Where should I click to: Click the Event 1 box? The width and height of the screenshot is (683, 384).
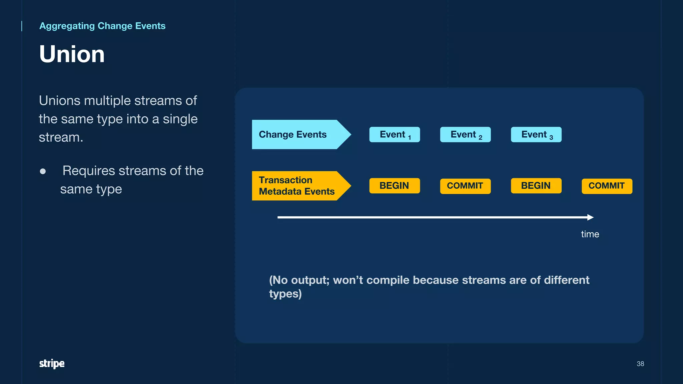pos(395,135)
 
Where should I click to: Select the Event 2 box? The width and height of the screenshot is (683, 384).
pos(465,135)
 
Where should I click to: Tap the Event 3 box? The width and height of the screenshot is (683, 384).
pos(536,135)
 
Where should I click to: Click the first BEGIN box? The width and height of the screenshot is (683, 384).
pos(395,186)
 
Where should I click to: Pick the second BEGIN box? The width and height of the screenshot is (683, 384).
pos(536,186)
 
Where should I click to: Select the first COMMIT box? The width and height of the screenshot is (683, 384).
pos(465,186)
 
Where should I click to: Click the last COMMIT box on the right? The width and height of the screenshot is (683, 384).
pos(607,186)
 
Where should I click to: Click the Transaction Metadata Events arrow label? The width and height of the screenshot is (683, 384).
pos(297,186)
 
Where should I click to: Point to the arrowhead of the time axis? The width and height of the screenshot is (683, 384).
pos(591,217)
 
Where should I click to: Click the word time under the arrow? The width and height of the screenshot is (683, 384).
pos(590,234)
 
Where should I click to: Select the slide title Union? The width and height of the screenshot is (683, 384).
pos(72,54)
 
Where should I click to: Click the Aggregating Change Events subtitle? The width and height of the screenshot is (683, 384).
pos(102,26)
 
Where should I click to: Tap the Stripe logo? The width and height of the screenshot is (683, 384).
pos(52,363)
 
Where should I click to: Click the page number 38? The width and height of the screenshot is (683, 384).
pos(640,364)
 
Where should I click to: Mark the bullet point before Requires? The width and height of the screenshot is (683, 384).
pos(43,171)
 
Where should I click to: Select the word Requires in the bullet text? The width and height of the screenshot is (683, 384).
pos(89,171)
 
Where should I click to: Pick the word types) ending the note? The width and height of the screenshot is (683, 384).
pos(285,294)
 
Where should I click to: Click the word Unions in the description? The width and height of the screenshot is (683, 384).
pos(59,101)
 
